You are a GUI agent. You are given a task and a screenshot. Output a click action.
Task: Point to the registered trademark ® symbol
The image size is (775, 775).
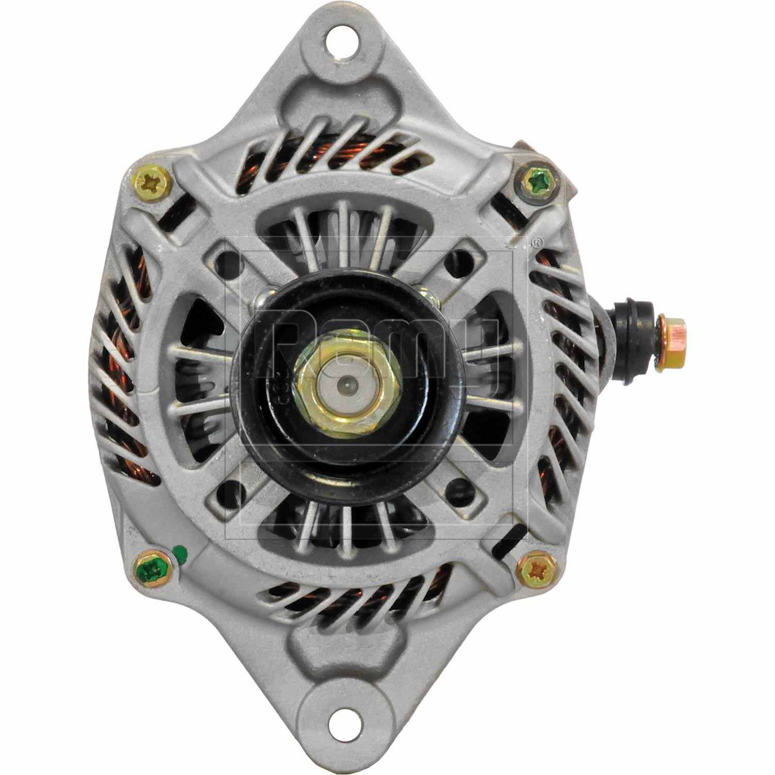click(538, 241)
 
